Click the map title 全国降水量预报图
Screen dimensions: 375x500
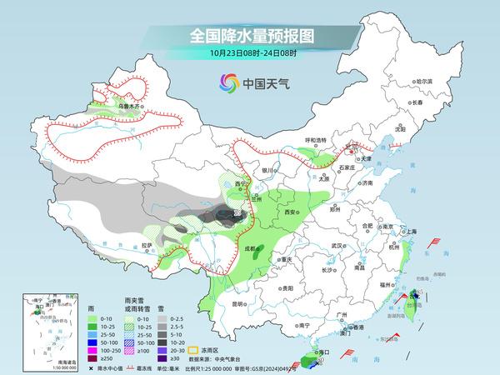[250, 37]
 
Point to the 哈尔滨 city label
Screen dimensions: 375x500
[424, 81]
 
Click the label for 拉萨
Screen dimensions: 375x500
[147, 245]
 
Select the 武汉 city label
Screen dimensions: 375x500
[337, 246]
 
